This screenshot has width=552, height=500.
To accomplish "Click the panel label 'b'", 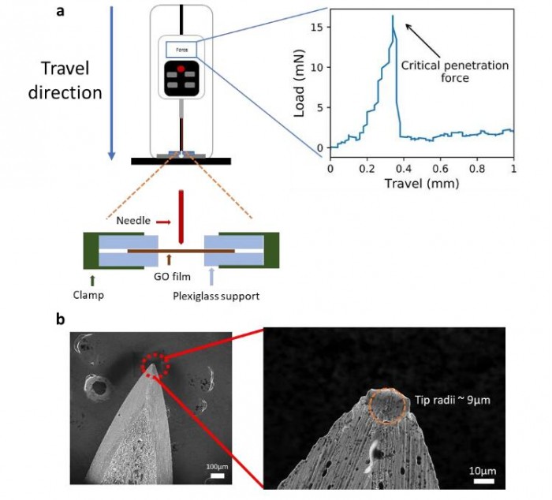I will pos(62,319).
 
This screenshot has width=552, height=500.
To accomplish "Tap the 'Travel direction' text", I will pos(65,80).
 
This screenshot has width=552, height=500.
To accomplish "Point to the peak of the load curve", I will pos(392,16).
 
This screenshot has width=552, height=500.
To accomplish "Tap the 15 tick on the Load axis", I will pos(315,27).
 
